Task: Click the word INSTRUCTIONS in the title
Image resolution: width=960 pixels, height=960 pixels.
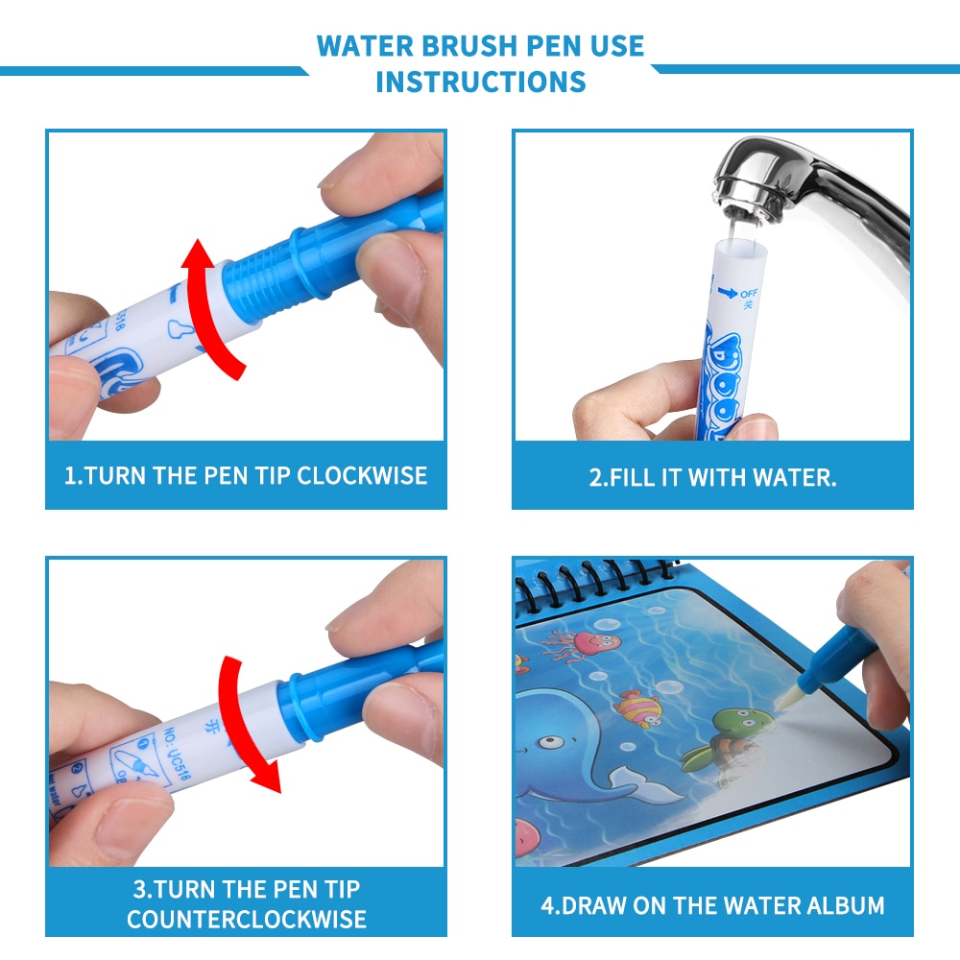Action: [480, 82]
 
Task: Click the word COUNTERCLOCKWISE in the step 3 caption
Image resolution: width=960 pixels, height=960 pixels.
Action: [246, 919]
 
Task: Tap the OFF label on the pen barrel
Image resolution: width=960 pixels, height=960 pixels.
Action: [749, 293]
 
